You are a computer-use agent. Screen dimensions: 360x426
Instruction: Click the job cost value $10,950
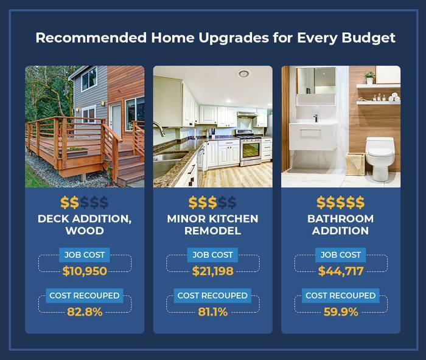coord(85,271)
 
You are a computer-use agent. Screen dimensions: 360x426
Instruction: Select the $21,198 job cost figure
coord(212,271)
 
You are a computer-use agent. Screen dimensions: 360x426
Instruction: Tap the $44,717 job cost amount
coord(341,271)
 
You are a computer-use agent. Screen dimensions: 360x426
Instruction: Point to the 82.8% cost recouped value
coord(85,313)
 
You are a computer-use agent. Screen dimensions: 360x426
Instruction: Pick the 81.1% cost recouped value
coord(212,313)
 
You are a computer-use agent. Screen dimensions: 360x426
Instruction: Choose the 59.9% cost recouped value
coord(341,313)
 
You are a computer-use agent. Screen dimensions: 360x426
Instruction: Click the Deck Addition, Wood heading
coord(85,224)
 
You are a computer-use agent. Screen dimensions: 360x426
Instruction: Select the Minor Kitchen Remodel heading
coord(212,224)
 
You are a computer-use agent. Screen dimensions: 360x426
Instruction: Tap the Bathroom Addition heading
coord(341,224)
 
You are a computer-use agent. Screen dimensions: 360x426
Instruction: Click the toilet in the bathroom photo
coord(377,157)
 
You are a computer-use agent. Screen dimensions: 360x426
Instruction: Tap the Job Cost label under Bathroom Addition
coord(341,255)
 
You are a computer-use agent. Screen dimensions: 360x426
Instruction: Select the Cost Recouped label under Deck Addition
coord(85,296)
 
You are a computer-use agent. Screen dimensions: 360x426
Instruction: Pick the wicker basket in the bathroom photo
coord(355,163)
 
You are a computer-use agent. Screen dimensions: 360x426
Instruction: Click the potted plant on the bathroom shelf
coord(369,77)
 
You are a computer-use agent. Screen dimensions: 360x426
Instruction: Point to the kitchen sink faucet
coord(160,130)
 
